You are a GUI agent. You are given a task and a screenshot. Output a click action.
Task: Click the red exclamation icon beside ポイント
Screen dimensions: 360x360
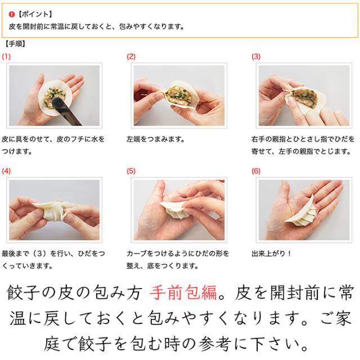pos(11,14)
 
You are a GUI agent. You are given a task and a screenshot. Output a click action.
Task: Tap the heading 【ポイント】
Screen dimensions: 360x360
pos(35,14)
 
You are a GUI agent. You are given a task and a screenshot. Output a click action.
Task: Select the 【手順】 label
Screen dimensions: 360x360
pos(15,44)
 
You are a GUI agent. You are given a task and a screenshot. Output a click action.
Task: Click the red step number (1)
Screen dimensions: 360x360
pos(6,56)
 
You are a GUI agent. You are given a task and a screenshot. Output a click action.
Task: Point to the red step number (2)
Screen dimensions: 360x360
pos(131,56)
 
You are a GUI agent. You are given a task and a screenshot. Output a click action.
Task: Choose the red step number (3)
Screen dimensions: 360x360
pos(256,56)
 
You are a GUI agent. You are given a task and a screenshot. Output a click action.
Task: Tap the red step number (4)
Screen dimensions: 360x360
pos(6,171)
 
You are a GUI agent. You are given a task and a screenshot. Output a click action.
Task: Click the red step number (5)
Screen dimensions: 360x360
pos(131,171)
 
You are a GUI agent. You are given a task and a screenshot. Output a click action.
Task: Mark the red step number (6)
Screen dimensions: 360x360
pos(256,171)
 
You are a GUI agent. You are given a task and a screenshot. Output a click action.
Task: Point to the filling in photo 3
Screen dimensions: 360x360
pos(304,97)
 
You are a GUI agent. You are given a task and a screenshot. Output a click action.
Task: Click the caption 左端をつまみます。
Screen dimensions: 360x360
pos(155,139)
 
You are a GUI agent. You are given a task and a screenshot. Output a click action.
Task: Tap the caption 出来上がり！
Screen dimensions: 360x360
pos(272,254)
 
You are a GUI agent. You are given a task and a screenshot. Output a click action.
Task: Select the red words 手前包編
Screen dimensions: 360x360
pos(183,293)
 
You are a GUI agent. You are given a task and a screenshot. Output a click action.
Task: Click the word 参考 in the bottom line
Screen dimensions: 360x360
pos(215,344)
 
